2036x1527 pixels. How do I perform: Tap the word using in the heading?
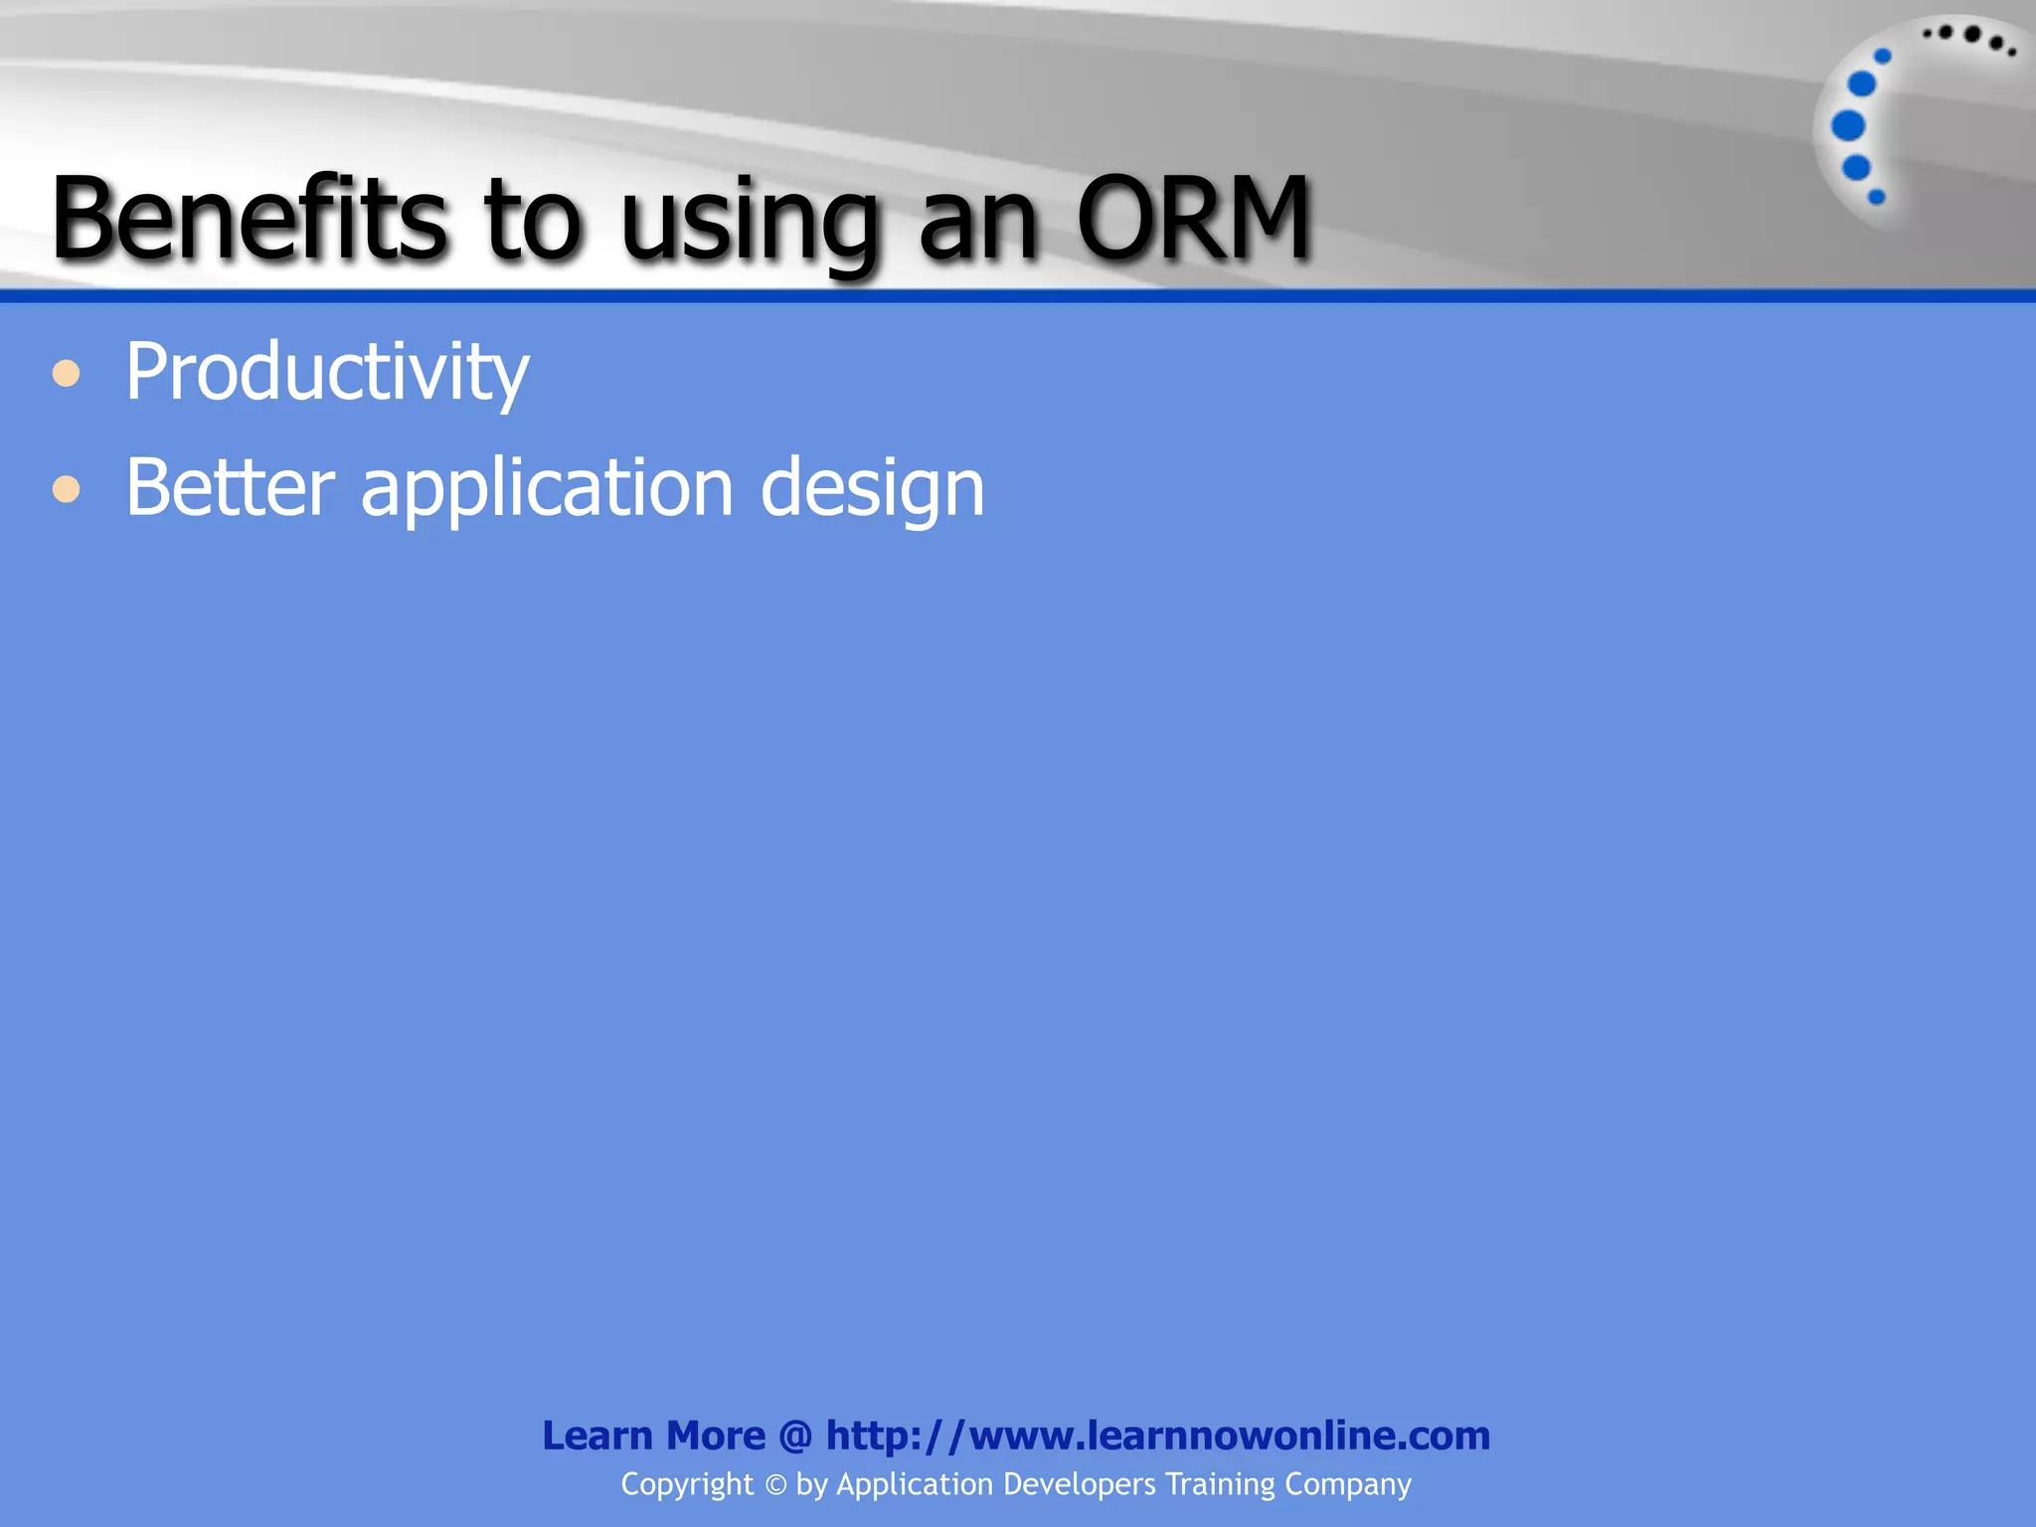(x=751, y=224)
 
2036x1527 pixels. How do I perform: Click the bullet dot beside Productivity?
(x=67, y=374)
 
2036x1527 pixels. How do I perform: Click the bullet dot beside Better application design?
(x=67, y=489)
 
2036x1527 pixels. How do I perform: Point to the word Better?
(x=230, y=487)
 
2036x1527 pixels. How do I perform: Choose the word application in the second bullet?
(x=547, y=489)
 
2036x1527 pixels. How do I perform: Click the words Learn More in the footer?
(x=653, y=1436)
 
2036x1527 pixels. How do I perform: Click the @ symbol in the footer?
(x=795, y=1436)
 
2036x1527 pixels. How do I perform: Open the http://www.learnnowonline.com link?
(x=1158, y=1436)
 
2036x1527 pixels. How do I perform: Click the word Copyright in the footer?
(x=687, y=1484)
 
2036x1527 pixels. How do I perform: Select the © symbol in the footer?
(x=775, y=1485)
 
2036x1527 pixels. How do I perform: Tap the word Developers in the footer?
(x=1080, y=1484)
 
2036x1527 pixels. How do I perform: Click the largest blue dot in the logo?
(x=1848, y=126)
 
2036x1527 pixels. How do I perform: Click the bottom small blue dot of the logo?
(x=1876, y=197)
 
